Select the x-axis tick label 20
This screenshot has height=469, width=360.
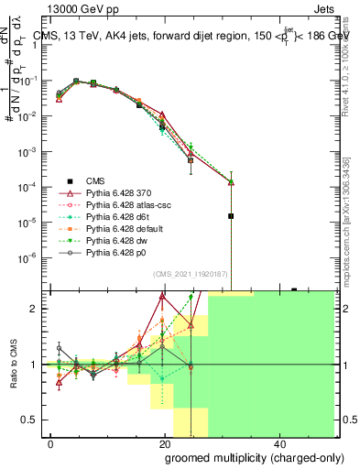click(x=164, y=442)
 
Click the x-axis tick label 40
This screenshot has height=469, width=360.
click(x=278, y=442)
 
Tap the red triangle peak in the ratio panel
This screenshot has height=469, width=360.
click(x=162, y=297)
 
